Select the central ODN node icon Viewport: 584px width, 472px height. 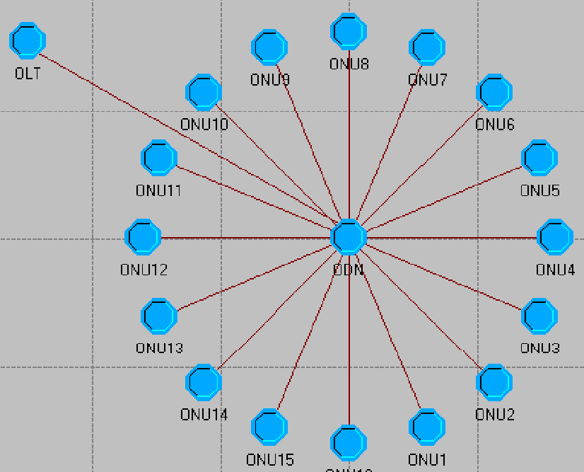point(349,236)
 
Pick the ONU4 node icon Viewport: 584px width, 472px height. point(555,237)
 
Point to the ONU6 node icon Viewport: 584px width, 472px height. point(495,92)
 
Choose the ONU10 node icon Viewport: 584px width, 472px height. point(203,92)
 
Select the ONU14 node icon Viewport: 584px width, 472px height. point(203,382)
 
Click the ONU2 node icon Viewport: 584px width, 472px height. point(495,382)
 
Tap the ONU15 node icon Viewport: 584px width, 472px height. point(269,427)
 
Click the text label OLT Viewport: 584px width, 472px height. point(28,73)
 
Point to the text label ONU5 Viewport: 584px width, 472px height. point(540,190)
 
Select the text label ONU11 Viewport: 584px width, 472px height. point(159,190)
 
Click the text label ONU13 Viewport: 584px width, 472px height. point(159,348)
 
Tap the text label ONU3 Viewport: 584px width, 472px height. point(540,348)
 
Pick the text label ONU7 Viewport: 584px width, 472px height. point(428,80)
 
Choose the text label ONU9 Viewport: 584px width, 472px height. point(269,80)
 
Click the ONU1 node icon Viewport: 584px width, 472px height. point(427,427)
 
